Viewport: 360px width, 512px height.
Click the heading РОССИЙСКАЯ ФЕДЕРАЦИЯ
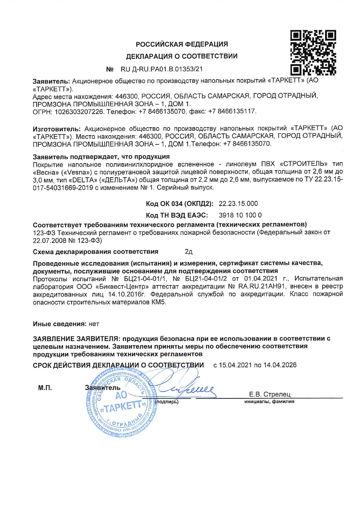click(x=182, y=44)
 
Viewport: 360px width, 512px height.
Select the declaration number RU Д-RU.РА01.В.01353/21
click(x=162, y=70)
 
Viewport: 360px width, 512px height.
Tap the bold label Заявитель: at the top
click(x=51, y=81)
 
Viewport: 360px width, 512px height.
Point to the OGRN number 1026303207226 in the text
click(x=79, y=112)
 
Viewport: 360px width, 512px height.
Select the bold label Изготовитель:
click(x=56, y=129)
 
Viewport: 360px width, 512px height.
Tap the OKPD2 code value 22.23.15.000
click(x=238, y=204)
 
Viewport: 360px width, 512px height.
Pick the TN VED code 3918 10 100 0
click(x=240, y=216)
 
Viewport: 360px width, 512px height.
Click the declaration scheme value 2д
click(x=188, y=252)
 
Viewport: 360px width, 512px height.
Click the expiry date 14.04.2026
click(x=280, y=365)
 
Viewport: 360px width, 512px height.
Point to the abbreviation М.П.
click(x=45, y=388)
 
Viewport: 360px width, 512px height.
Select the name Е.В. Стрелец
click(x=269, y=395)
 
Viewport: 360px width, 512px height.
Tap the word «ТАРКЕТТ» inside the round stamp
click(x=123, y=407)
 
